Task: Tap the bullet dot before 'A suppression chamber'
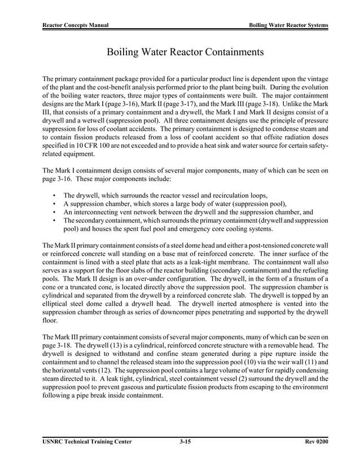(54, 204)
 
